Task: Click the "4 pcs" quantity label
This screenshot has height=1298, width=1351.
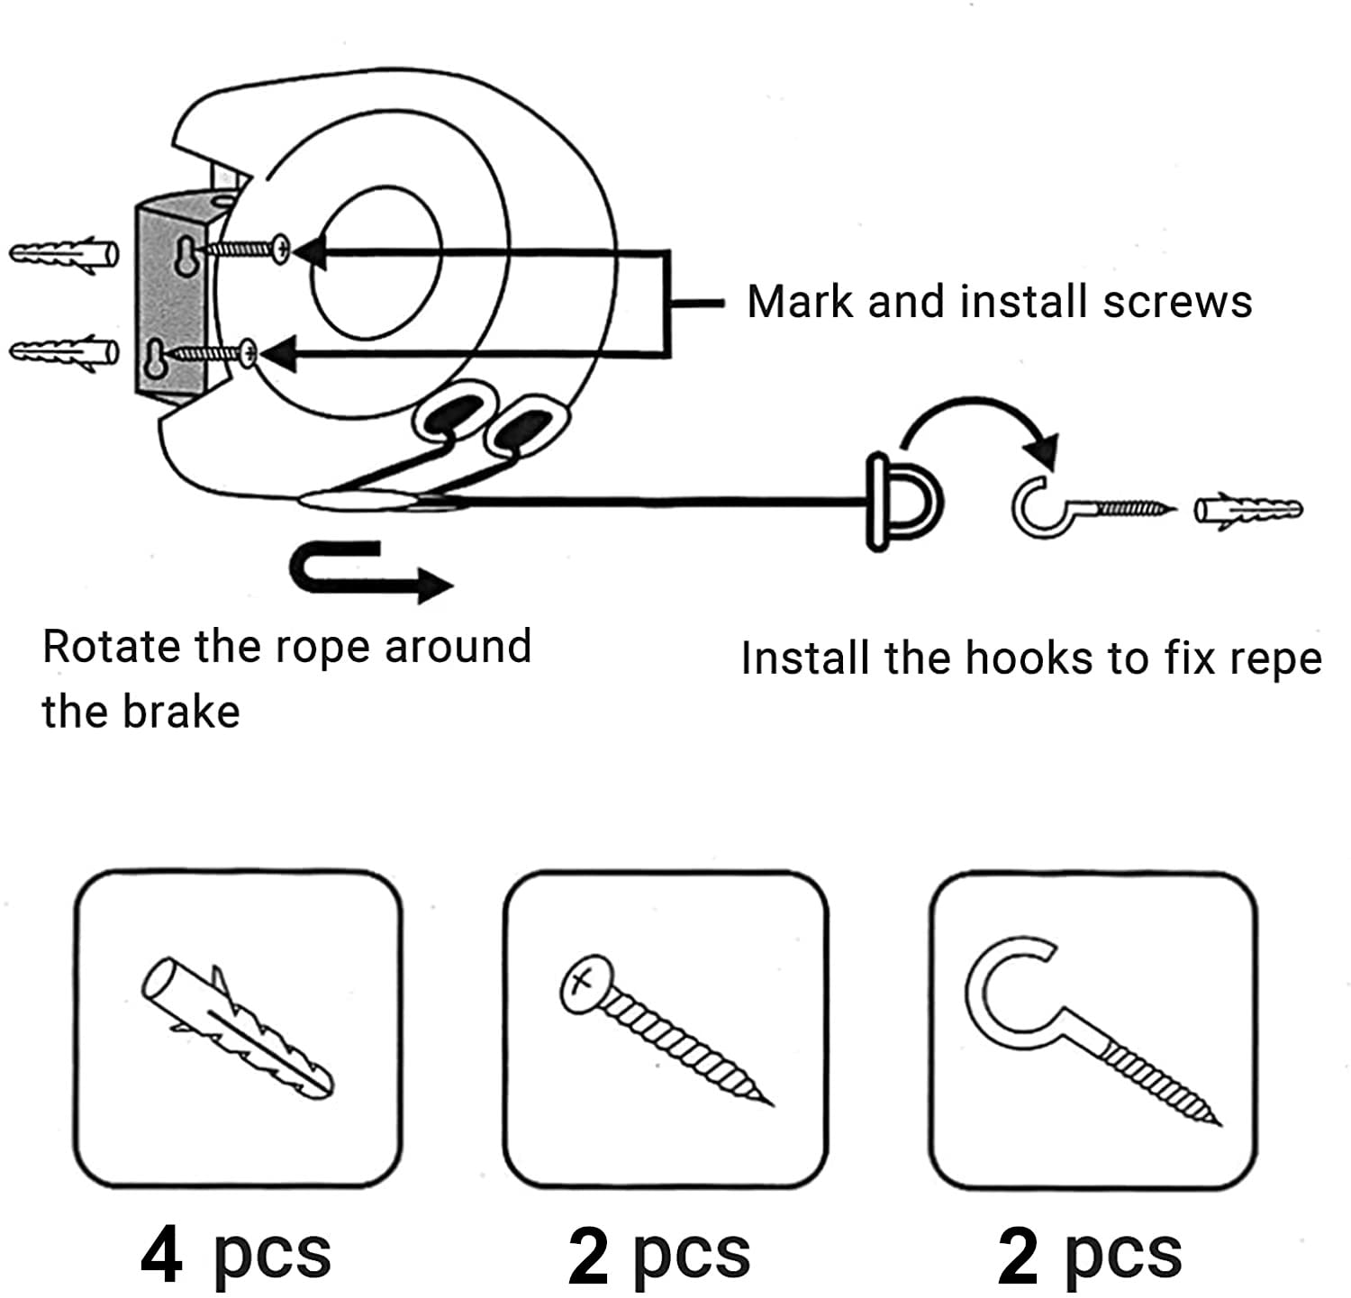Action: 236,1256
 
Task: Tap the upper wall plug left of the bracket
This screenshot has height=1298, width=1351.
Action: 63,253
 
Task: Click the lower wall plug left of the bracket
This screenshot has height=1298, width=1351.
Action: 63,351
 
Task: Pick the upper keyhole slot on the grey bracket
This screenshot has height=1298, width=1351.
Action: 184,258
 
